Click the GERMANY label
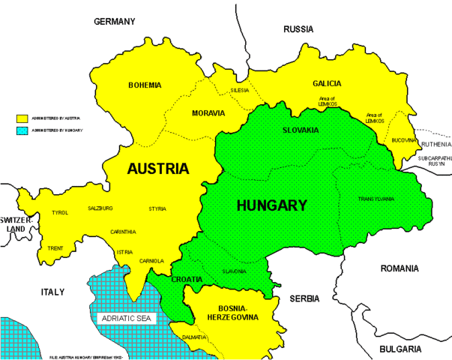point(114,22)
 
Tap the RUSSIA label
point(298,29)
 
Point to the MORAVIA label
point(208,113)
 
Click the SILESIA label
point(239,90)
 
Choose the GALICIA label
point(326,84)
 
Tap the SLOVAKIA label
point(301,130)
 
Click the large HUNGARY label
point(271,205)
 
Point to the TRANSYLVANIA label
point(375,199)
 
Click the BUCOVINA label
point(403,140)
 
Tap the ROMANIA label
point(402,268)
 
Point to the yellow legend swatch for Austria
point(22,118)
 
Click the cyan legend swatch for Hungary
point(22,130)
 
